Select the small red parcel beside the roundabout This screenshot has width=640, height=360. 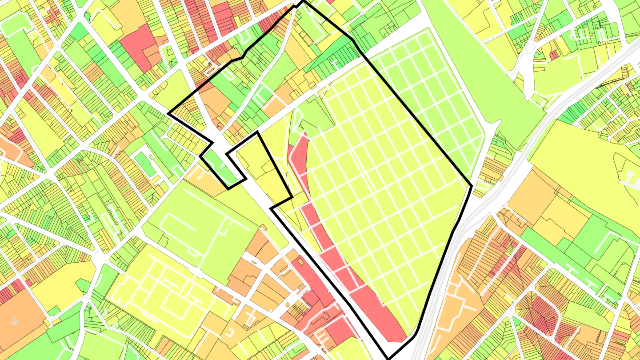pyautogui.click(x=554, y=55)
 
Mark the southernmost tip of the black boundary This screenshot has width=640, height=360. pyautogui.click(x=389, y=358)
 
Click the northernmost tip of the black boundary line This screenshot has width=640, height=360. pyautogui.click(x=302, y=1)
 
